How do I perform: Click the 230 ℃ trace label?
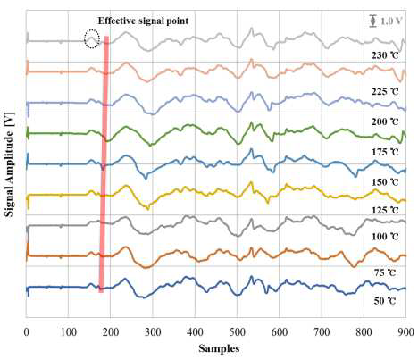coord(385,55)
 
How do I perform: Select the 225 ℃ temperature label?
coord(385,91)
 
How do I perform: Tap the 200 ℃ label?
coord(385,121)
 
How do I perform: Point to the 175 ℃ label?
coord(385,152)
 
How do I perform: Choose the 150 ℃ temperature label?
coord(385,182)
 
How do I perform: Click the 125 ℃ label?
coord(385,210)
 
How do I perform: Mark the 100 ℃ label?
coord(385,237)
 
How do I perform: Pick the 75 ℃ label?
coord(385,272)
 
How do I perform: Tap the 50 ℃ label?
coord(385,301)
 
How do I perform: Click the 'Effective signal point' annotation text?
coord(143,21)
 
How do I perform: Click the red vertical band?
coord(104,163)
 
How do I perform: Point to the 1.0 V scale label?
coord(391,21)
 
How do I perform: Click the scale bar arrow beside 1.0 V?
coord(372,21)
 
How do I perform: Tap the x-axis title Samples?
coord(219,348)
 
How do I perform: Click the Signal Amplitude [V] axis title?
coord(10,164)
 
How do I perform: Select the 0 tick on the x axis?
coord(27,331)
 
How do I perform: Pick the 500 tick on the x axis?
coord(238,331)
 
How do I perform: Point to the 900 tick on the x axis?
coord(406,331)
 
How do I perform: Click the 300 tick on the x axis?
coord(153,331)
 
